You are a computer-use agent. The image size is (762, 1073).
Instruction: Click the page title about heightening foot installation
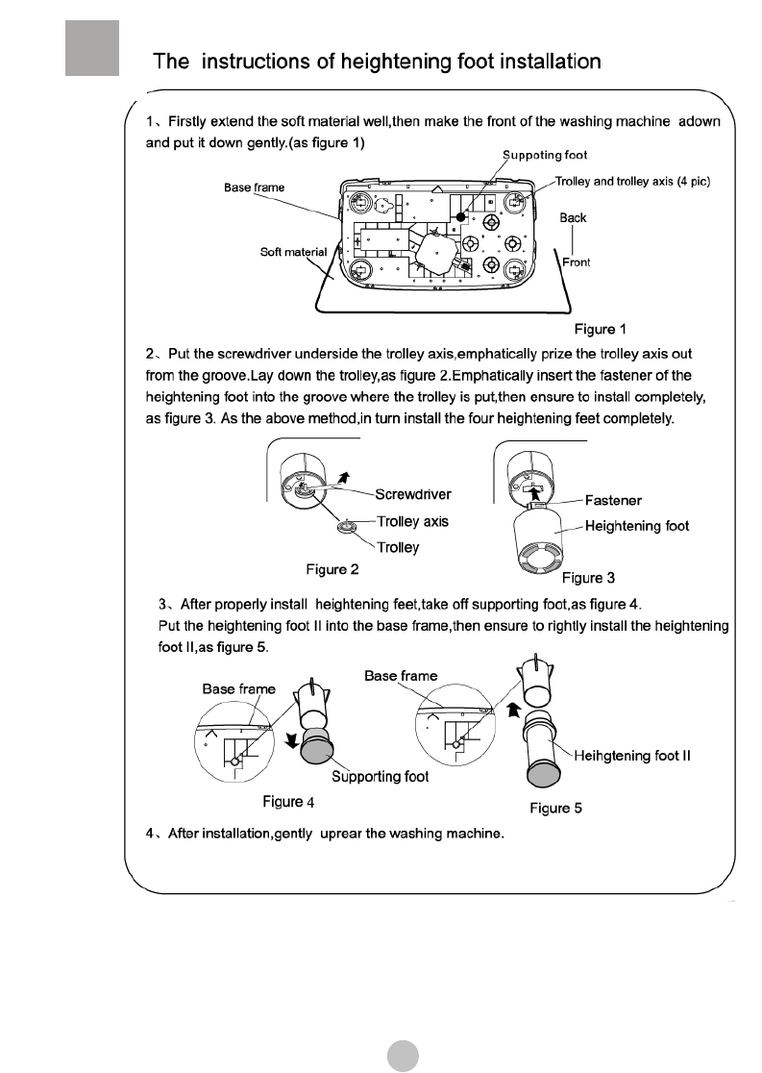[x=378, y=62]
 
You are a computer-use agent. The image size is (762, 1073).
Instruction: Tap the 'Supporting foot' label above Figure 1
[x=545, y=155]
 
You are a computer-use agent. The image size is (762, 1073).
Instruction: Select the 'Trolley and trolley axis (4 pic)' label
[x=632, y=182]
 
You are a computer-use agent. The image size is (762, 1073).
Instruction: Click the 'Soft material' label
[x=294, y=252]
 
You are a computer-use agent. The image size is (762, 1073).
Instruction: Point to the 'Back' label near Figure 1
[x=573, y=218]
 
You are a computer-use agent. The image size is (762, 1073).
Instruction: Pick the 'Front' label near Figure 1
[x=576, y=262]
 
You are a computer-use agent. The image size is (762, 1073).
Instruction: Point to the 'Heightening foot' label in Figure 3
[x=637, y=526]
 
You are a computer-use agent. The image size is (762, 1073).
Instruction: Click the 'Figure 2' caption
[x=332, y=569]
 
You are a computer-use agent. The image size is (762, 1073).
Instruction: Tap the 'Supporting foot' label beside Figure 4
[x=380, y=777]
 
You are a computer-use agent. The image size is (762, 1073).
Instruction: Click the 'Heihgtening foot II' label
[x=639, y=755]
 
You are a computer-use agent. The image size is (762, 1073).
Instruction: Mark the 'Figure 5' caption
[x=555, y=808]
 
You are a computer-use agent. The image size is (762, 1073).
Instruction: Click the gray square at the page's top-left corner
[x=92, y=47]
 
